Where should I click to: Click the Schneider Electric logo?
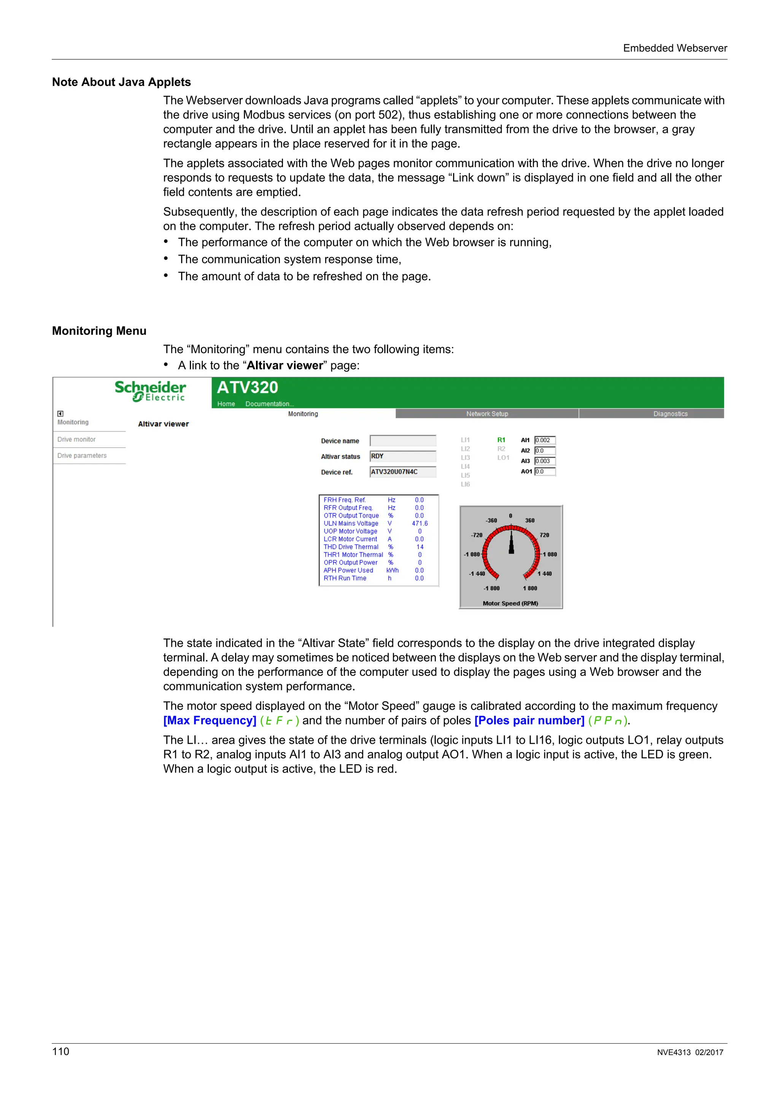click(150, 391)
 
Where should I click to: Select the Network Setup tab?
click(487, 414)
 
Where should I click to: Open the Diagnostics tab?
click(670, 414)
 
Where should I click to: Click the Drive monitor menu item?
click(77, 439)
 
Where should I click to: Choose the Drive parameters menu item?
click(82, 456)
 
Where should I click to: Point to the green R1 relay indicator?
click(501, 440)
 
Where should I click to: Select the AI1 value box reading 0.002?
click(545, 440)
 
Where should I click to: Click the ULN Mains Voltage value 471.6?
click(420, 523)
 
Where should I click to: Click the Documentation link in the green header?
click(269, 404)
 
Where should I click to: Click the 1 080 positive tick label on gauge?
click(550, 555)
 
